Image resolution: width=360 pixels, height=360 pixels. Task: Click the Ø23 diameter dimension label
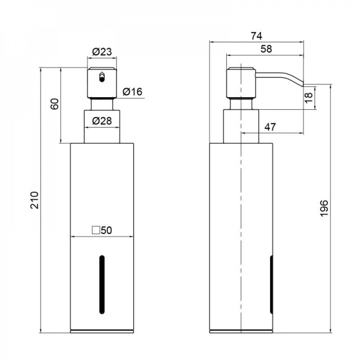pyautogui.click(x=102, y=52)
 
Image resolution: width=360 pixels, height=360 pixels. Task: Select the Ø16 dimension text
pyautogui.click(x=132, y=92)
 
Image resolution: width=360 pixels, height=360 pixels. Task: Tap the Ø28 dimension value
pyautogui.click(x=102, y=121)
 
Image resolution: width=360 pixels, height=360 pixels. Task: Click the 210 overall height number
pyautogui.click(x=35, y=201)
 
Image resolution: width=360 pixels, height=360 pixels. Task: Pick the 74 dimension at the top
pyautogui.click(x=256, y=36)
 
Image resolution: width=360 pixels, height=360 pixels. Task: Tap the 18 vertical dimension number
pyautogui.click(x=309, y=98)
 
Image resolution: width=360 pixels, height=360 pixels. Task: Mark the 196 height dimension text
pyautogui.click(x=324, y=208)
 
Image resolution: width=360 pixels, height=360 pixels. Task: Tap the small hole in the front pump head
pyautogui.click(x=102, y=77)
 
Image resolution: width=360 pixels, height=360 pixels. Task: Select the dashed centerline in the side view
pyautogui.click(x=240, y=216)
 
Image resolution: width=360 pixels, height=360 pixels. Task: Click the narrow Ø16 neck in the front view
pyautogui.click(x=102, y=104)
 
